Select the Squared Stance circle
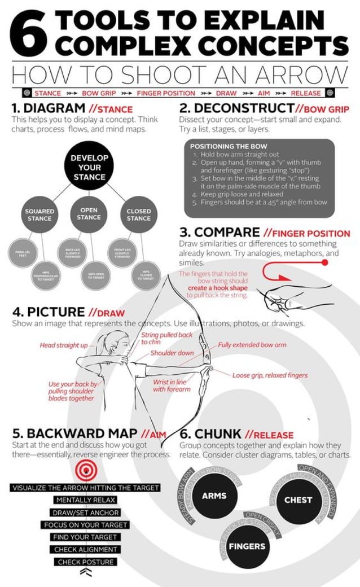pyautogui.click(x=39, y=214)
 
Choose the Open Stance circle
pyautogui.click(x=89, y=213)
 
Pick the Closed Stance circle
pyautogui.click(x=138, y=214)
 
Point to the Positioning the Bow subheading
pyautogui.click(x=223, y=146)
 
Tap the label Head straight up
pyautogui.click(x=64, y=345)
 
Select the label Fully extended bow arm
pyautogui.click(x=252, y=344)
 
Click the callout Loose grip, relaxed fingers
pyautogui.click(x=270, y=375)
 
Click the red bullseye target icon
pyautogui.click(x=85, y=468)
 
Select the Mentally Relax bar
pyautogui.click(x=85, y=500)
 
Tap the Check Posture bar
pyautogui.click(x=85, y=562)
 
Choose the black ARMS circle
pyautogui.click(x=214, y=496)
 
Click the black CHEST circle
pyautogui.click(x=298, y=500)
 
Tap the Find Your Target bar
pyautogui.click(x=85, y=537)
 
